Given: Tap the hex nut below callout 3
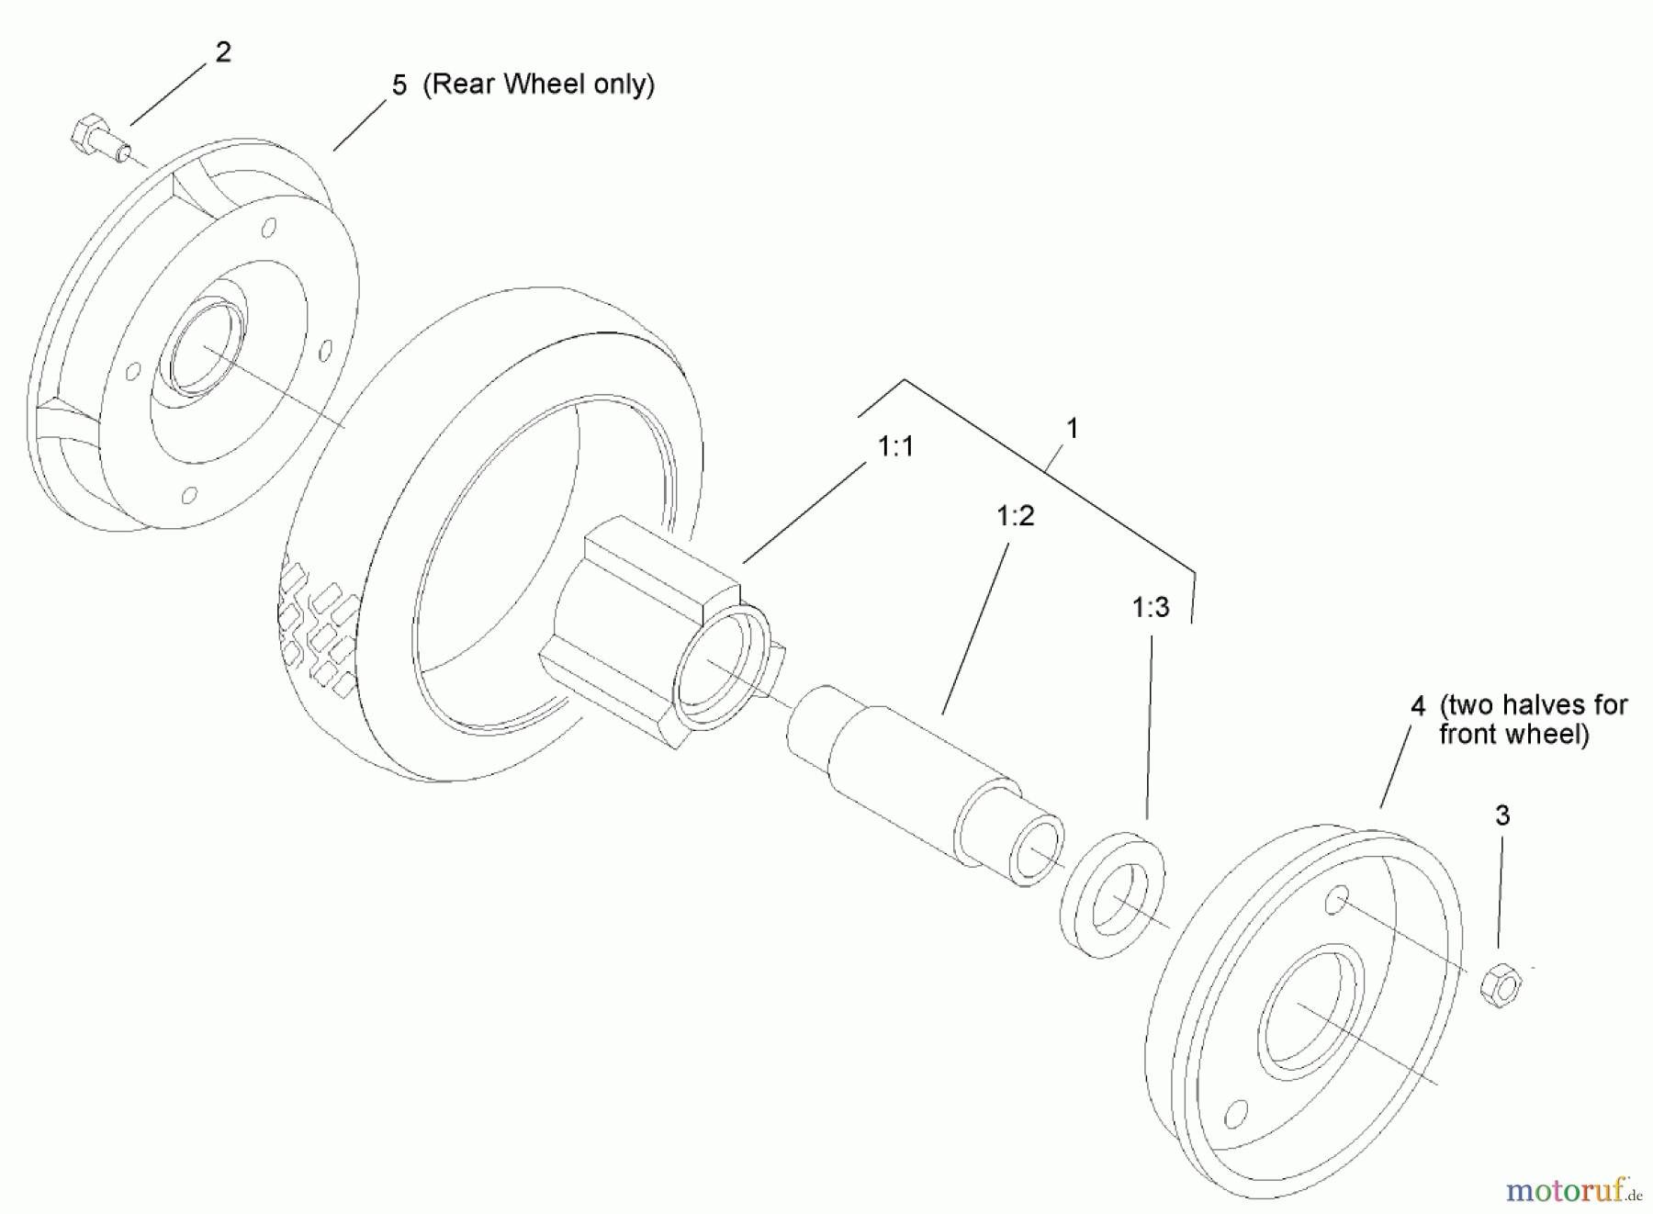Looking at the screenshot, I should [1501, 984].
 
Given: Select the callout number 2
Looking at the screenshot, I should [223, 52].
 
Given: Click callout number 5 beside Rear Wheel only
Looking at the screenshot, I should [399, 85].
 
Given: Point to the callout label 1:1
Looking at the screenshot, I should [895, 447].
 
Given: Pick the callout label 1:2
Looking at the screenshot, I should [1016, 516].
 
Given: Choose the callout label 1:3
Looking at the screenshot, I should [1151, 607].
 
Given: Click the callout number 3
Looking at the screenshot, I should [1502, 815].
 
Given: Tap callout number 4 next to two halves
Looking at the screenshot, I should [1418, 706].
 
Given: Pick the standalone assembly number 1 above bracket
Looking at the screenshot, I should [1071, 429].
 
